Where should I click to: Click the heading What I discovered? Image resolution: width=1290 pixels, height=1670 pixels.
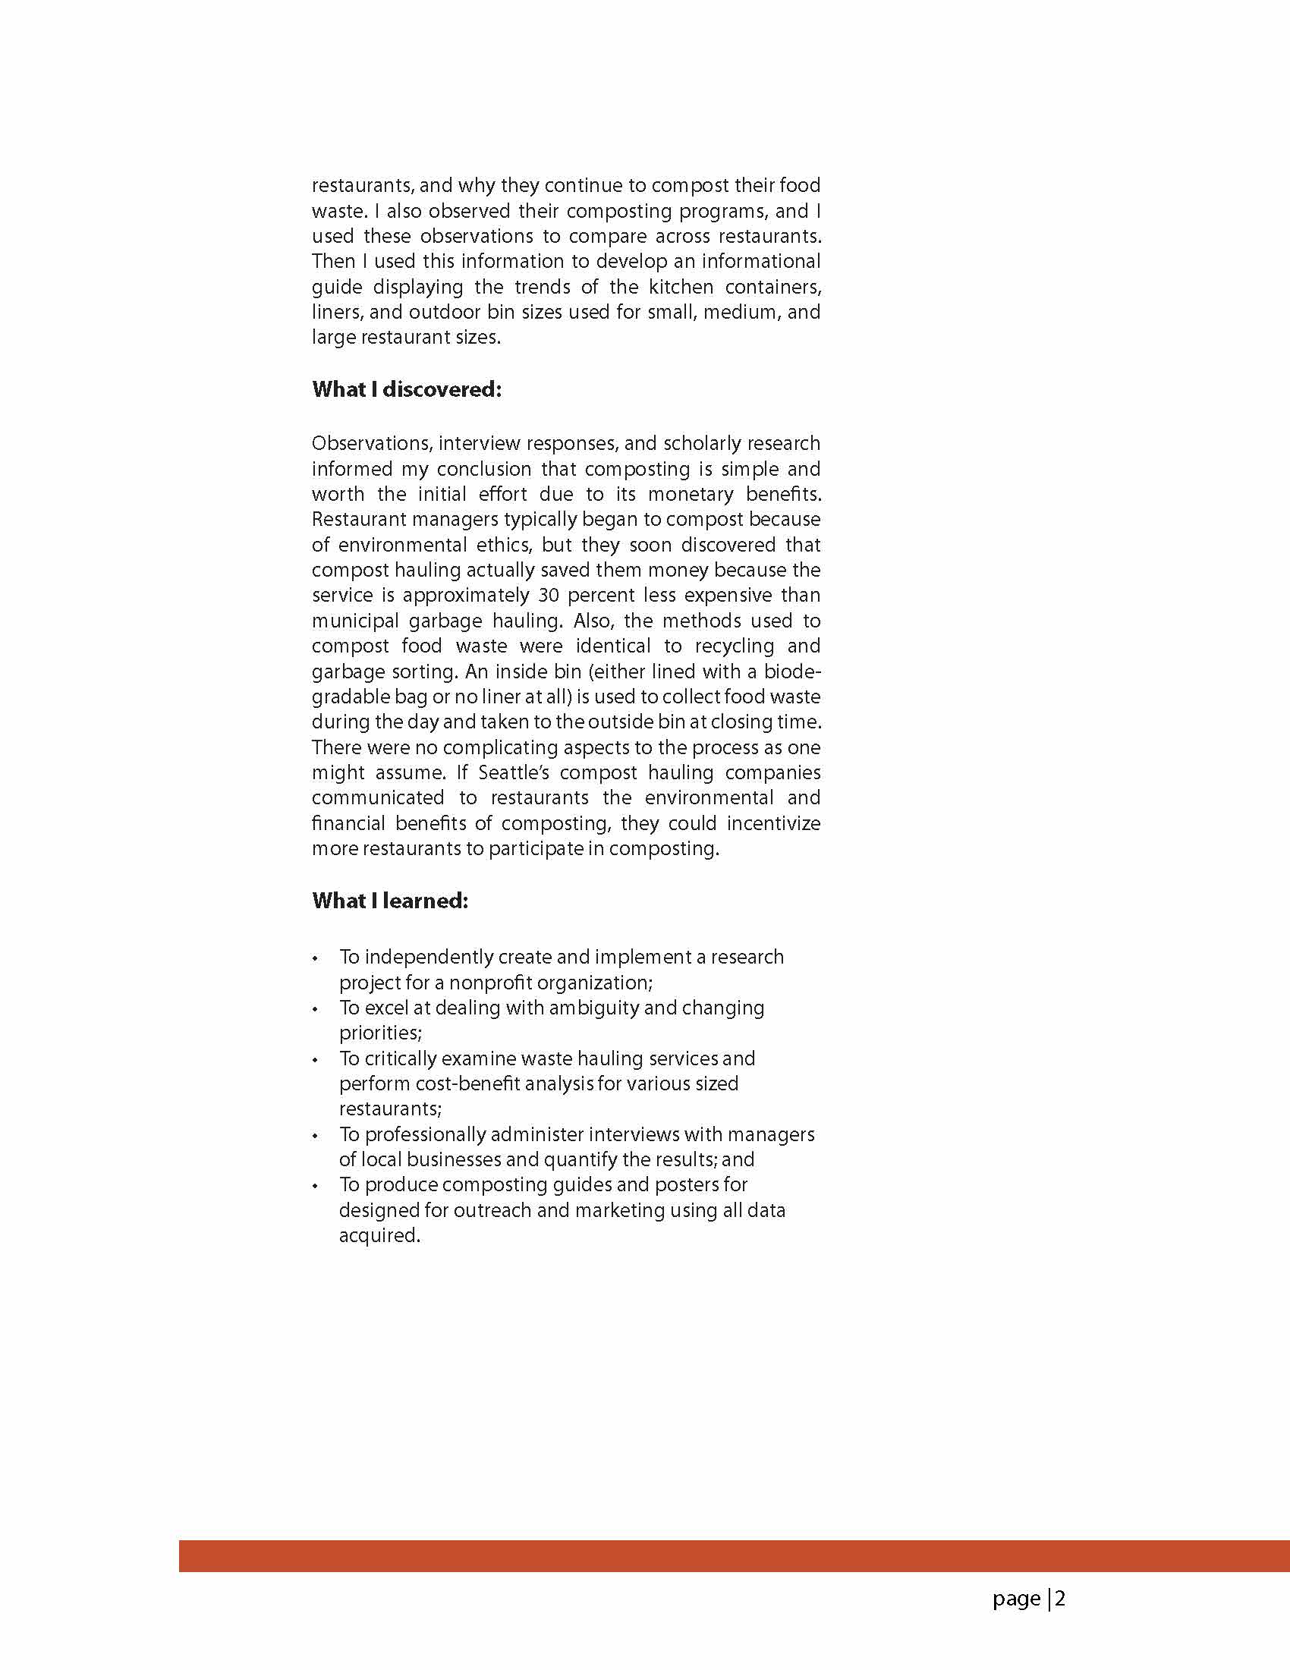(x=406, y=389)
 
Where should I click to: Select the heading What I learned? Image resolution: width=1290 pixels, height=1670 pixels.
(x=390, y=901)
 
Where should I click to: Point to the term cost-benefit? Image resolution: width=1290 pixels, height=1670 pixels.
(x=481, y=1083)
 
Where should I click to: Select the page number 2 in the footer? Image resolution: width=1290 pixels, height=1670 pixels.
(x=1060, y=1598)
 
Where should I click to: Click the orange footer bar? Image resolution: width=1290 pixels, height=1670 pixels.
(x=734, y=1556)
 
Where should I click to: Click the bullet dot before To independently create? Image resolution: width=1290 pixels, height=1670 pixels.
(x=315, y=959)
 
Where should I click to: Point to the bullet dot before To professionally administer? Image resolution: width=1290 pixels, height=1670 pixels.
(x=315, y=1137)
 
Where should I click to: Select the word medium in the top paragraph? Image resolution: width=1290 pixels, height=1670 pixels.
(x=738, y=312)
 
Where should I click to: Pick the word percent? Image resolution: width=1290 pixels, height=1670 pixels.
(x=601, y=595)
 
